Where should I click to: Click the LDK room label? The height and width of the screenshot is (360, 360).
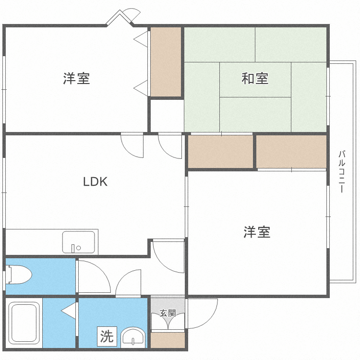(x=95, y=182)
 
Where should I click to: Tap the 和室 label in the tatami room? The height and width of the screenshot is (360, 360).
(x=255, y=78)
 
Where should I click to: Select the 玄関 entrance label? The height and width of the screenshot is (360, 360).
(x=168, y=313)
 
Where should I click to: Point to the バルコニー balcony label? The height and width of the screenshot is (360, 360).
(x=342, y=171)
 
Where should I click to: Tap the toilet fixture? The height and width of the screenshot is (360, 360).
(x=19, y=276)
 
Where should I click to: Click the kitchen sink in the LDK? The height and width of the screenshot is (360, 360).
(x=79, y=241)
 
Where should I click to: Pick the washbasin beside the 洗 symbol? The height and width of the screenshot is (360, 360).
(x=133, y=337)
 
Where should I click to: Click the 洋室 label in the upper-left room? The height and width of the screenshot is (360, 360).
(x=77, y=78)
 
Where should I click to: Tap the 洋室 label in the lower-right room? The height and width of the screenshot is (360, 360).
(x=257, y=232)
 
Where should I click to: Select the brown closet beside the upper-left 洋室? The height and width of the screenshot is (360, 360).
(x=166, y=61)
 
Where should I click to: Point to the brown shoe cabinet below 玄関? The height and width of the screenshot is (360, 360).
(x=168, y=340)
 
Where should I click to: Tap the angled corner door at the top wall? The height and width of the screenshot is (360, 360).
(x=120, y=17)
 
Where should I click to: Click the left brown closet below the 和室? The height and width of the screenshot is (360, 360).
(x=220, y=151)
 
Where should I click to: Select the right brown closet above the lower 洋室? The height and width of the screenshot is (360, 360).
(x=291, y=151)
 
